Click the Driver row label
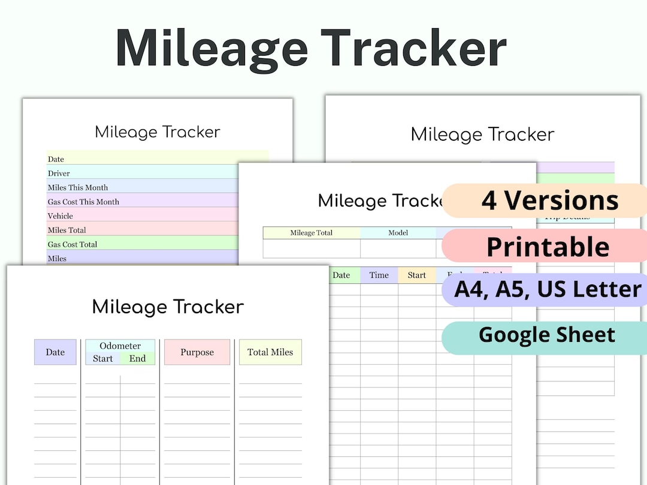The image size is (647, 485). click(59, 173)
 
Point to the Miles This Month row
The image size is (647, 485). click(78, 187)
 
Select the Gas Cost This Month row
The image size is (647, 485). click(83, 202)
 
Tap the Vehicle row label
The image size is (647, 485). click(60, 216)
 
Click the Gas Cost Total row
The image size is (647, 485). click(72, 244)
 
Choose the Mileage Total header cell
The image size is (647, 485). click(312, 233)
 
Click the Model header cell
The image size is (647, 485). click(398, 233)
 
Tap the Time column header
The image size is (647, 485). click(379, 275)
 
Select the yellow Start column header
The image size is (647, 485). click(416, 275)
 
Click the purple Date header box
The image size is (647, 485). click(55, 352)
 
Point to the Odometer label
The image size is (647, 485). click(120, 346)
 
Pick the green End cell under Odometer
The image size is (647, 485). click(137, 359)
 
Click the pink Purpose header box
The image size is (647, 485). click(197, 352)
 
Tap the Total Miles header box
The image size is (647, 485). click(270, 352)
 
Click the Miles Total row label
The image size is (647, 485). click(66, 230)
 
